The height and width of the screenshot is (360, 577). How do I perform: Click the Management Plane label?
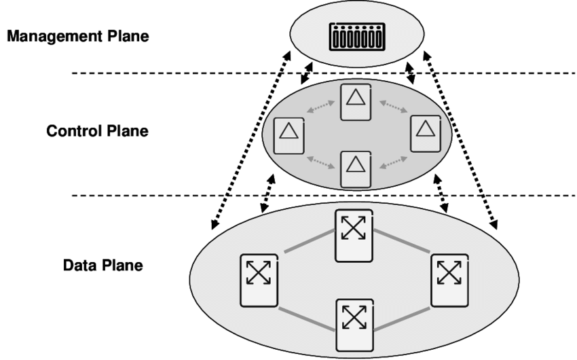point(77,37)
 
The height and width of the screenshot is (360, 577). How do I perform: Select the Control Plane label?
point(97,130)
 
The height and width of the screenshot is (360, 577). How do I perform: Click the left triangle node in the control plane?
point(288,134)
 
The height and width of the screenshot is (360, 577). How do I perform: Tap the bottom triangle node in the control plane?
point(355,168)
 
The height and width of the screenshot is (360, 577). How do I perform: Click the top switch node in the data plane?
point(353,234)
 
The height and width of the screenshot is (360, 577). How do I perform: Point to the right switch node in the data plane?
point(449,277)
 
